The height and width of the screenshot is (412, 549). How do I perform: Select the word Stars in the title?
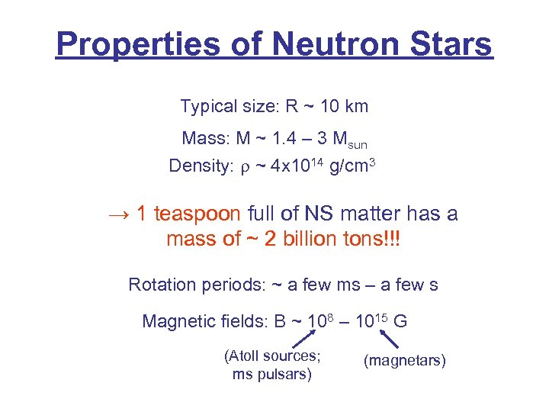[451, 44]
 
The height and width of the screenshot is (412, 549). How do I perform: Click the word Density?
[197, 166]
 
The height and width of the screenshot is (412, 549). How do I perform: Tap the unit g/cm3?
[354, 165]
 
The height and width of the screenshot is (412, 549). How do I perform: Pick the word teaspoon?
[197, 214]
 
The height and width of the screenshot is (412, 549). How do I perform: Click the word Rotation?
[162, 285]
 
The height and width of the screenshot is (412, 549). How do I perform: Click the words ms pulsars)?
[271, 375]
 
